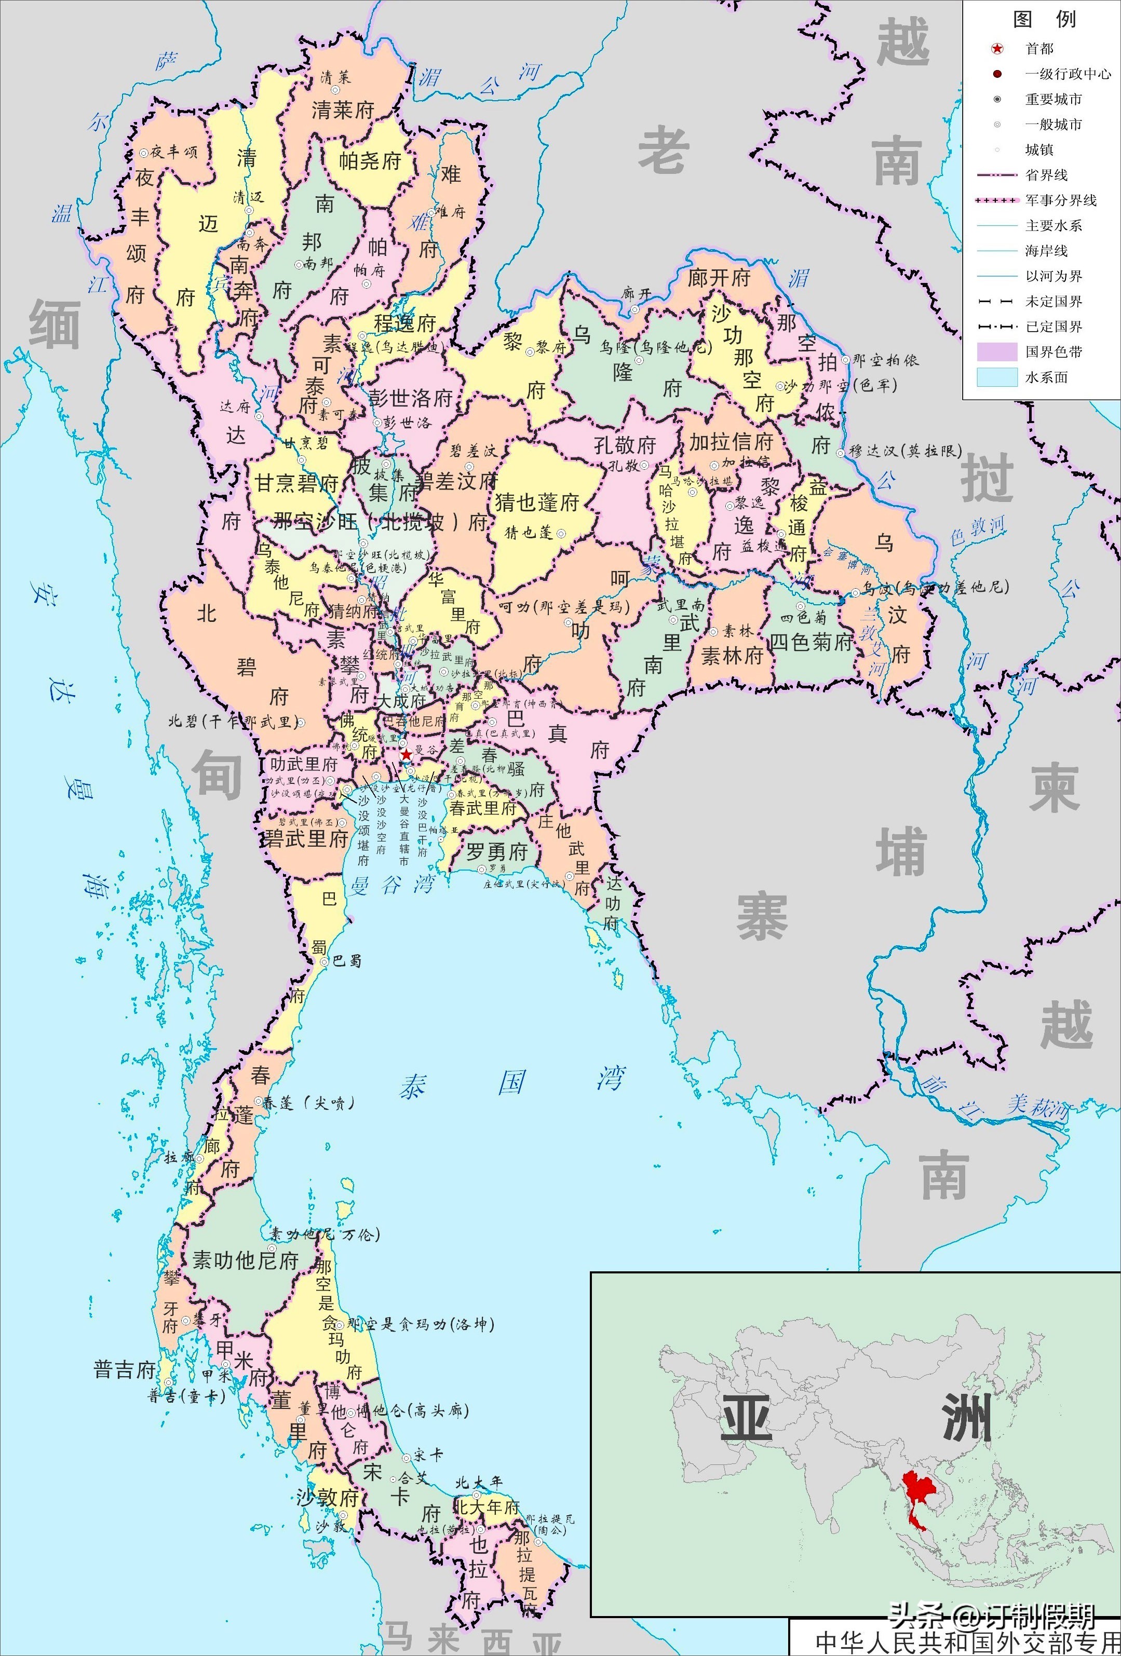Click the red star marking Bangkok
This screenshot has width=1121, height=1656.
pyautogui.click(x=406, y=754)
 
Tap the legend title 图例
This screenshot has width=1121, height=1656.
pyautogui.click(x=1045, y=19)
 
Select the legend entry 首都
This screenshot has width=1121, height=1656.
pyautogui.click(x=1039, y=48)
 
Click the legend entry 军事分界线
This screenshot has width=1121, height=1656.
pyautogui.click(x=1060, y=200)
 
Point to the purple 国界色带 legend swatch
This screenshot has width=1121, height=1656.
pyautogui.click(x=996, y=351)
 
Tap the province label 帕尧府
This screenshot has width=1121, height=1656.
pyautogui.click(x=369, y=160)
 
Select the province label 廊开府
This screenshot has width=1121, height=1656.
pyautogui.click(x=719, y=278)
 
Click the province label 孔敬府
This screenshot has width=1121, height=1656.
pyautogui.click(x=625, y=445)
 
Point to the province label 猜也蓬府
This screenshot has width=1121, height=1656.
pyautogui.click(x=537, y=503)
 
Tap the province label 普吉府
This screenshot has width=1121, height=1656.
pyautogui.click(x=125, y=1369)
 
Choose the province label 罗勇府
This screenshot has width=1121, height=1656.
pyautogui.click(x=497, y=851)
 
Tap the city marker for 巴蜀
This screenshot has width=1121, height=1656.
pyautogui.click(x=325, y=961)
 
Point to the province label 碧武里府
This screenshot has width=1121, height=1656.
pyautogui.click(x=306, y=839)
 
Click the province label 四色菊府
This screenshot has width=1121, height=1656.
pyautogui.click(x=811, y=642)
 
